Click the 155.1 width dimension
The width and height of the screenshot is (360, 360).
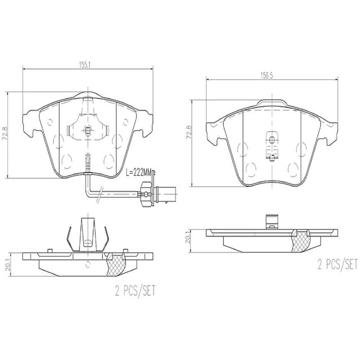point(85,65)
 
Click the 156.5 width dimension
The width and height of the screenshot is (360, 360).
point(266,76)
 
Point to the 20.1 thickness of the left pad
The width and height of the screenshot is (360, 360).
point(8,264)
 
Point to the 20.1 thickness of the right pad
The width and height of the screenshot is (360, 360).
point(187,237)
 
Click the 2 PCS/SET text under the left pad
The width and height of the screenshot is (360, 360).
point(135,291)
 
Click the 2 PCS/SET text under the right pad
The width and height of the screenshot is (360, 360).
point(337,264)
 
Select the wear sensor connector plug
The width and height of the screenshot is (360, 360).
point(161,194)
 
